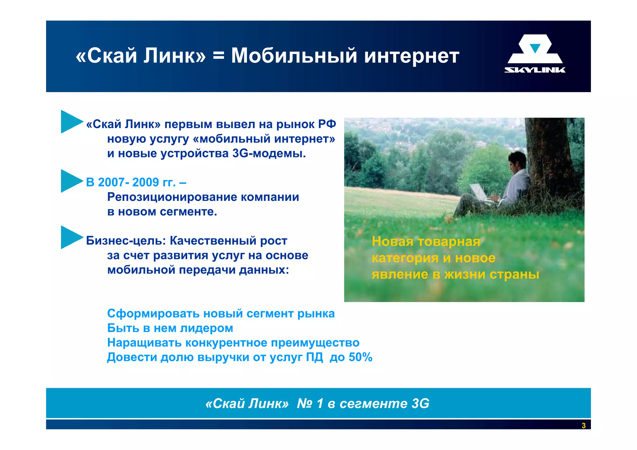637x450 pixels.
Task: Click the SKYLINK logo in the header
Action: [x=535, y=53]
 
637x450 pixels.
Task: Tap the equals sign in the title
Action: [x=218, y=57]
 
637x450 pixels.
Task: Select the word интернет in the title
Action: [x=411, y=57]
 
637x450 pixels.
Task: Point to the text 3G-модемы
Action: [x=269, y=153]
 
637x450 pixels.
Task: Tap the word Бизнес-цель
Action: [x=126, y=241]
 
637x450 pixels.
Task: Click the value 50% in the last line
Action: [x=360, y=357]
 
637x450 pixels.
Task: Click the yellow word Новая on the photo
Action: [x=392, y=242]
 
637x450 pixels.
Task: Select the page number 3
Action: [x=584, y=425]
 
